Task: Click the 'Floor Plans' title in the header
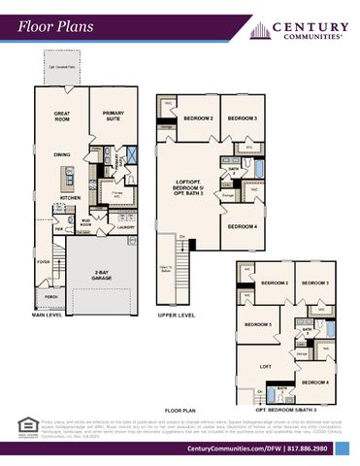pyautogui.click(x=54, y=26)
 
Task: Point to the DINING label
pyautogui.click(x=62, y=154)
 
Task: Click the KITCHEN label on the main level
pyautogui.click(x=71, y=197)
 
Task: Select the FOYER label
pyautogui.click(x=45, y=261)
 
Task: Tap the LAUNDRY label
pyautogui.click(x=126, y=227)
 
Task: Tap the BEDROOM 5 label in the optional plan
pyautogui.click(x=257, y=324)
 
